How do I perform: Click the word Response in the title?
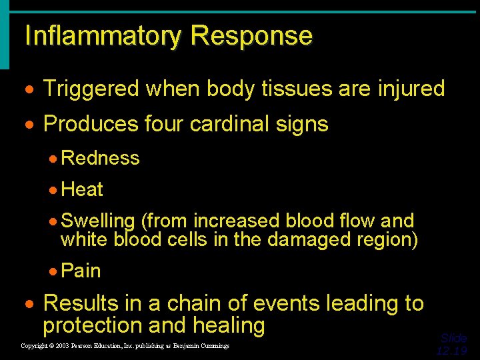251,36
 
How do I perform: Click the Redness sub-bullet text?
100,158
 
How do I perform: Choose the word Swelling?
97,221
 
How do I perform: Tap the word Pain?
81,271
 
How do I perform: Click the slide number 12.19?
452,351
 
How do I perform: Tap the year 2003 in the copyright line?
61,346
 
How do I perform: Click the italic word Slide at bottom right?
454,338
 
